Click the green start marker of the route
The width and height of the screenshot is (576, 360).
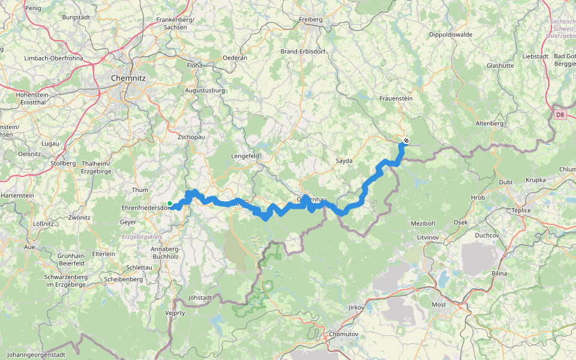(170, 203)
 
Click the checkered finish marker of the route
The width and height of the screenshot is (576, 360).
(406, 141)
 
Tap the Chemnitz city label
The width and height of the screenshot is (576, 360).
(127, 77)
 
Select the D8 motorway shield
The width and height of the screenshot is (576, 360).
(559, 114)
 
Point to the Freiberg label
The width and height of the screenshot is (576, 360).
(311, 19)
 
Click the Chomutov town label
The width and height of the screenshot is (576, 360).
(343, 334)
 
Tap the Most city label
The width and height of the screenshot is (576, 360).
(439, 304)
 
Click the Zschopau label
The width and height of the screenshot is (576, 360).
(191, 137)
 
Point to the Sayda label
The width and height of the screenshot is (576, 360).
(344, 161)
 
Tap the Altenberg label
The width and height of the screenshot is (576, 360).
(490, 123)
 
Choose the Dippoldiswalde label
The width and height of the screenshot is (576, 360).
(451, 34)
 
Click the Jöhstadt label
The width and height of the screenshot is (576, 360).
(184, 297)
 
